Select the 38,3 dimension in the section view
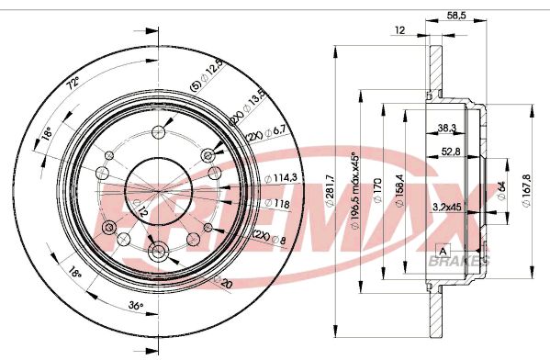pyautogui.click(x=447, y=128)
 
